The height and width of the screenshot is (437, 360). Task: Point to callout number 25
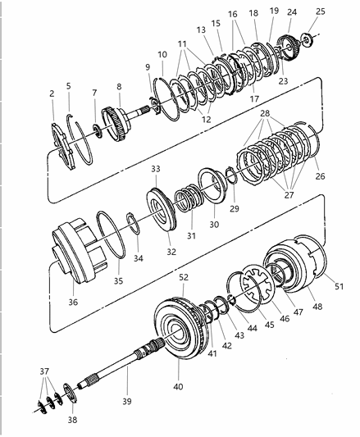(x=320, y=12)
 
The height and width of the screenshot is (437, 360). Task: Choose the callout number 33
(x=155, y=168)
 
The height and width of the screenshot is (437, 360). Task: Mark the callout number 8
(x=119, y=84)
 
